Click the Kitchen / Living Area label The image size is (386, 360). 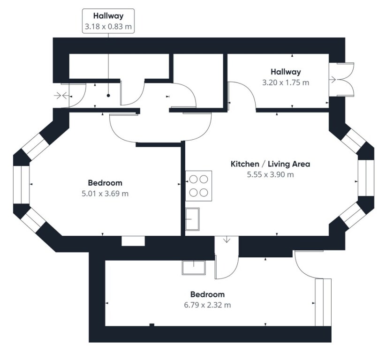click(270, 164)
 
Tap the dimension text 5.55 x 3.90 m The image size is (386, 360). click(270, 175)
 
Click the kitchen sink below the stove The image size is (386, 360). click(192, 219)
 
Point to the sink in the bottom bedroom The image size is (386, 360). click(193, 267)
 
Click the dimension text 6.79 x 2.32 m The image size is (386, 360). click(207, 305)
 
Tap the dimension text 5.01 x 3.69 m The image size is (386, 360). click(105, 193)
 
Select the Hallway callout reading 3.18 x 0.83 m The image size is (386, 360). click(108, 21)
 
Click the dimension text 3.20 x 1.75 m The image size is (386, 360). click(285, 82)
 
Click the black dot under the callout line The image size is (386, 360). click(108, 96)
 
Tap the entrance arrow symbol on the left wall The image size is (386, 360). click(60, 95)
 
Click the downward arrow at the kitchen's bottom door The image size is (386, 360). click(227, 240)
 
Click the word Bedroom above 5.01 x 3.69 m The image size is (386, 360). click(105, 183)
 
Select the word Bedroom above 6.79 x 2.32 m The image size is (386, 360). click(207, 294)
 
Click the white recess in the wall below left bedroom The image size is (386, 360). click(133, 240)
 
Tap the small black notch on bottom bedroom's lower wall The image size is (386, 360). click(151, 324)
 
